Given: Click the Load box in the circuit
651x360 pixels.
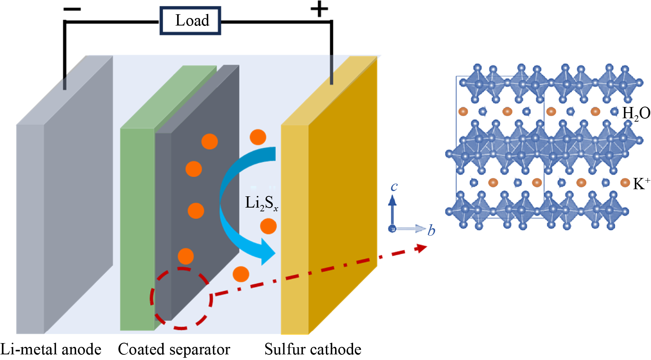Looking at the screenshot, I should coord(190,21).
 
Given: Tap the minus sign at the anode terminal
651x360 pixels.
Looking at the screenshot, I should coord(72,9).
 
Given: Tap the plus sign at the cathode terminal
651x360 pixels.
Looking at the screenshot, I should coord(319,9).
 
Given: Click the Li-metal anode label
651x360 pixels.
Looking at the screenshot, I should coord(51,349).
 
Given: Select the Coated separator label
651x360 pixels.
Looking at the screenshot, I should coord(174,349).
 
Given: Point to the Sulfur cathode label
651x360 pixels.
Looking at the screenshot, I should coord(313,349).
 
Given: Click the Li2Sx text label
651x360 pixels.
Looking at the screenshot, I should coord(261,203).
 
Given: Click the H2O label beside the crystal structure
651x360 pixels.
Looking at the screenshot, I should coord(636,113).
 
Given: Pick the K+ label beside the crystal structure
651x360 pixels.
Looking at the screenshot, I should coord(641,184).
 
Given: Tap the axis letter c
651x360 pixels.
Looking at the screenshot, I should coord(394,186).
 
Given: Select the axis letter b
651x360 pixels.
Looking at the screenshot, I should coord(431,230).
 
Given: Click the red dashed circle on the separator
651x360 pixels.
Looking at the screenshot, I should coord(181,298).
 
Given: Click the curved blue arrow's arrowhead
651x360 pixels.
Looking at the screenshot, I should coord(268,252).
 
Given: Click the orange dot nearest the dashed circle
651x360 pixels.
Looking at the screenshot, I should coord(186,256).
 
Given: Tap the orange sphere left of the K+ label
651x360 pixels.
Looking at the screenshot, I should coord(625,183).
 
